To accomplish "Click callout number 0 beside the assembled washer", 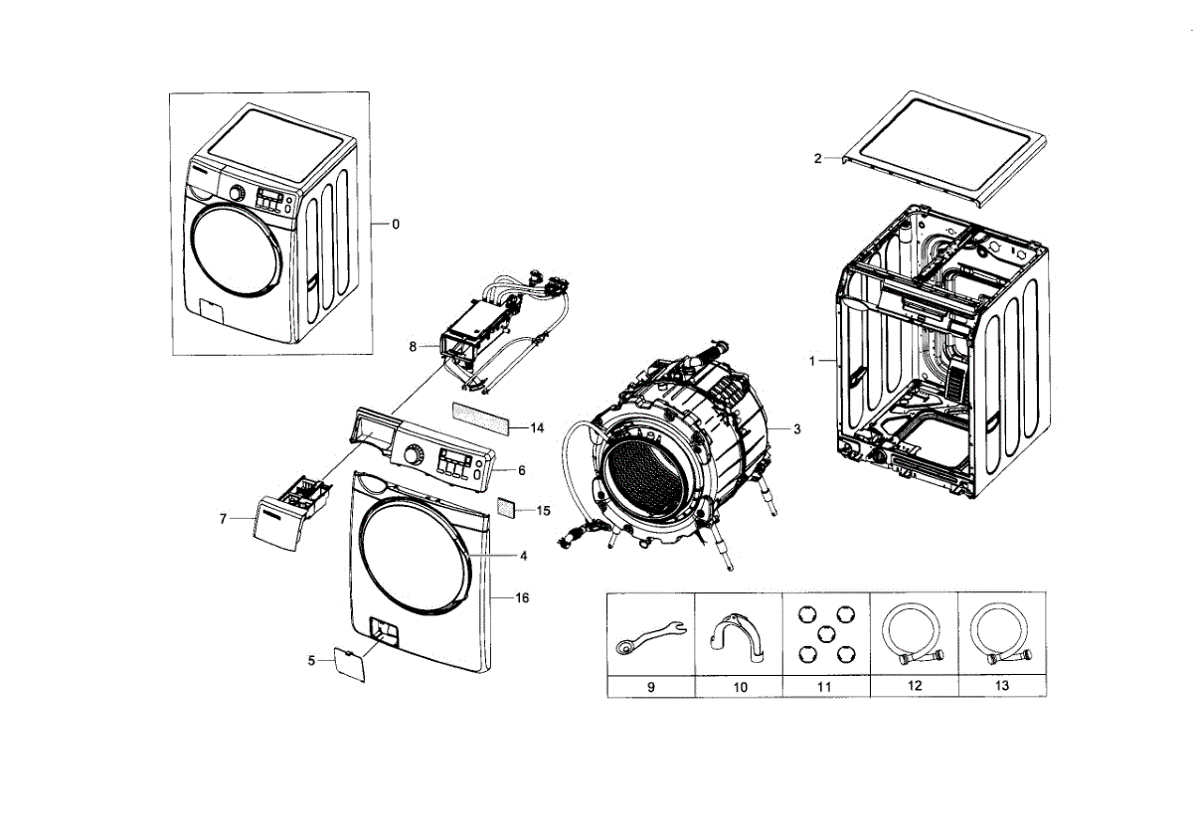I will (x=396, y=225).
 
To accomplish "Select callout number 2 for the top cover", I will (x=818, y=159).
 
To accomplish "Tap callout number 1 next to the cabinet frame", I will (x=811, y=362).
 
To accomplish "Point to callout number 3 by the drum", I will (x=797, y=429).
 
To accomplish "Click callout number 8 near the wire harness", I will (x=413, y=346).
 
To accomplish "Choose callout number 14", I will (x=537, y=428).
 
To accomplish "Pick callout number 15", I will (x=543, y=511).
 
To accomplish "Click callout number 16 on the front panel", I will (x=522, y=597).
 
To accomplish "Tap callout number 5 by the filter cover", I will (x=311, y=660).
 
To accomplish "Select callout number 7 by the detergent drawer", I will (x=223, y=518).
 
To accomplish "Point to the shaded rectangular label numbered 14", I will (x=482, y=418).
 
